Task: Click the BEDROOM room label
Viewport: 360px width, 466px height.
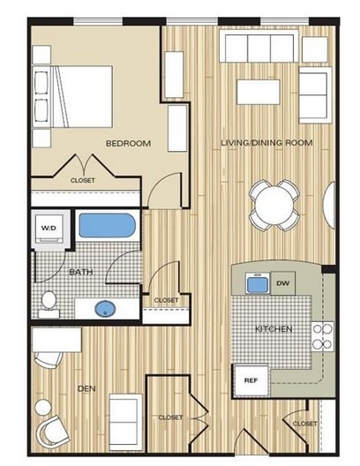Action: pos(128,143)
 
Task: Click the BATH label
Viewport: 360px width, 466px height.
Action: pos(80,272)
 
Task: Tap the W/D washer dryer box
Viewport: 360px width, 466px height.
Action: pos(48,229)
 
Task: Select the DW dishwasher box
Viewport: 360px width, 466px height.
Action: pos(282,283)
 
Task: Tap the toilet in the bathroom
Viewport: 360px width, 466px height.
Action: pos(49,303)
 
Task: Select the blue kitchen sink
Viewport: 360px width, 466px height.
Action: pos(257,284)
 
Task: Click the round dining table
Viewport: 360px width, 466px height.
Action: pos(273,203)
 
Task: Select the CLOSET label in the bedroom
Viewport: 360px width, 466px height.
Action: pos(83,181)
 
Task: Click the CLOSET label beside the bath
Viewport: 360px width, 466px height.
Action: pos(166,300)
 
